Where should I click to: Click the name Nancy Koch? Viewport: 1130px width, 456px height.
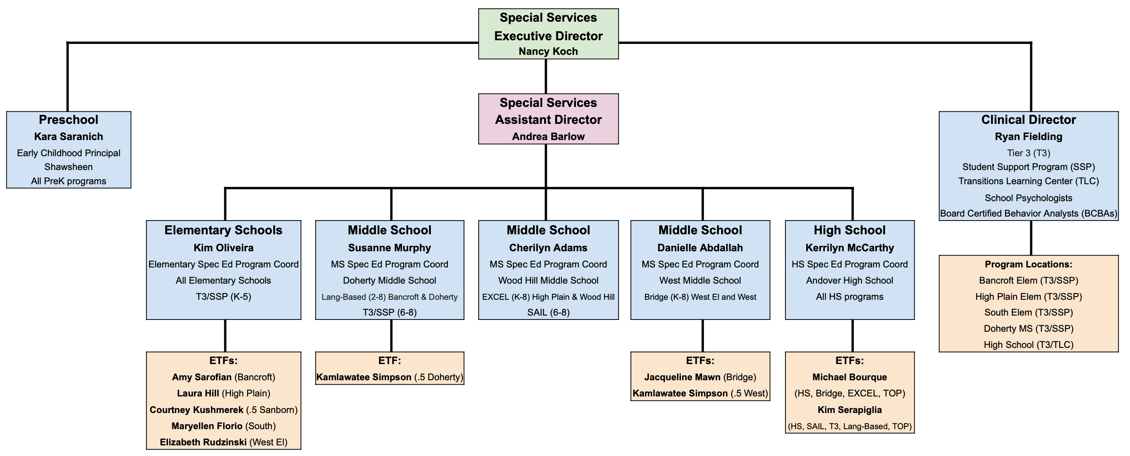548,51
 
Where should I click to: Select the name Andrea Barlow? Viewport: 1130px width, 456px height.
548,136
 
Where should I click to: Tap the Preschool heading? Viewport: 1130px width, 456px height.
69,120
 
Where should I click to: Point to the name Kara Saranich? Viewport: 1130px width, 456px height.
69,136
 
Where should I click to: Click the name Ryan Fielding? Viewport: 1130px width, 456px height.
1028,136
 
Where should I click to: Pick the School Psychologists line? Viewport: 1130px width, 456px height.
1028,198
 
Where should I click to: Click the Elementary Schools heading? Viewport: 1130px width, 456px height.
223,230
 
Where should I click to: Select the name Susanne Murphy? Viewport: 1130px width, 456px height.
390,248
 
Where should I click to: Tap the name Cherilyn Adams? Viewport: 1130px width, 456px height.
548,248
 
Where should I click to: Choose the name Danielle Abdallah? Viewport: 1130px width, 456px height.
700,248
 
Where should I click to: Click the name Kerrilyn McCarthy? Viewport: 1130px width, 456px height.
850,248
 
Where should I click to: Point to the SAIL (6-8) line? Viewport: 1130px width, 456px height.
548,312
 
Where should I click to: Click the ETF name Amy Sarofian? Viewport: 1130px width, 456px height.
202,377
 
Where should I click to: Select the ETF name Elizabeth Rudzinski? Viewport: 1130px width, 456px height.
203,442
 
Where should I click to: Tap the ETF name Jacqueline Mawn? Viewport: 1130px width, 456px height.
682,377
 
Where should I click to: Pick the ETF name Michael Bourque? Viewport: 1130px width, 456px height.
850,377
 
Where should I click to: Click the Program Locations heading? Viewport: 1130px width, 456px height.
1028,264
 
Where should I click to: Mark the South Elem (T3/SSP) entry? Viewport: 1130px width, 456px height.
1028,312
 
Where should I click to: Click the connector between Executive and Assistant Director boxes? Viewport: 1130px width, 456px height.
546,77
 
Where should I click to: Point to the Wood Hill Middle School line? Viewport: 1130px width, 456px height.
548,280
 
